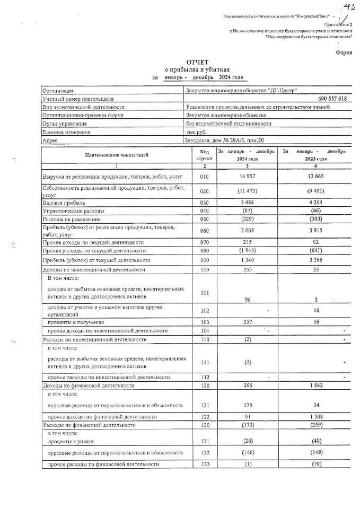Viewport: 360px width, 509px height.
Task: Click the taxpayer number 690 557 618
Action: point(331,99)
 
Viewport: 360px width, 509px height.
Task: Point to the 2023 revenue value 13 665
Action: point(313,176)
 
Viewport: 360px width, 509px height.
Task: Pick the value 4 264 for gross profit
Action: point(314,203)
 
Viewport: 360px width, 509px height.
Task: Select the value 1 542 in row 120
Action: point(314,387)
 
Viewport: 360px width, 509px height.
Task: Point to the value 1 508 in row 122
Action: point(314,417)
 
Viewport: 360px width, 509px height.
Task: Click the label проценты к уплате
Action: point(75,441)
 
